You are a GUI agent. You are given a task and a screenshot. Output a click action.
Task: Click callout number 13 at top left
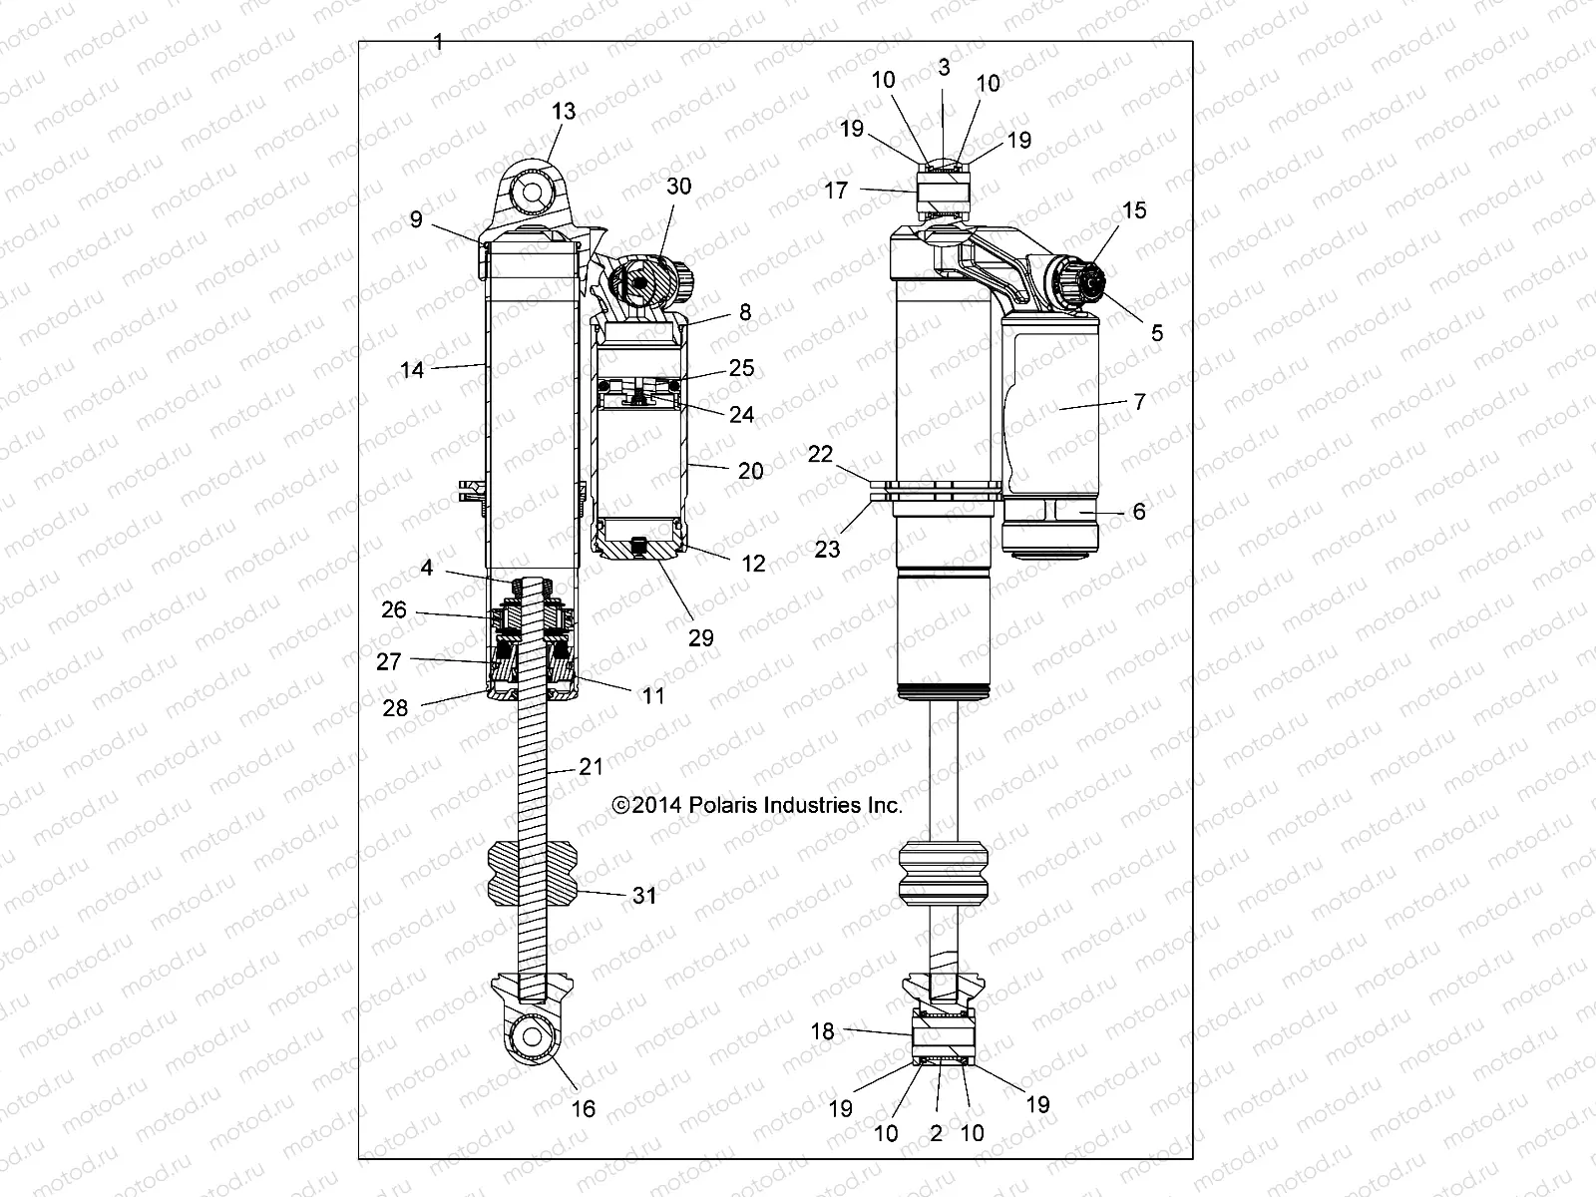pyautogui.click(x=564, y=111)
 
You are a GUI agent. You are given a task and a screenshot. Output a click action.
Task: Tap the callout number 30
pyautogui.click(x=678, y=187)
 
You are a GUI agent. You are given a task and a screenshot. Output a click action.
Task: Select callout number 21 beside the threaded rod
pyautogui.click(x=592, y=766)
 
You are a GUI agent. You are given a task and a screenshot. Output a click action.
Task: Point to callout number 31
pyautogui.click(x=644, y=896)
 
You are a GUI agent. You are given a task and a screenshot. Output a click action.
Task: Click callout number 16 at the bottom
pyautogui.click(x=583, y=1108)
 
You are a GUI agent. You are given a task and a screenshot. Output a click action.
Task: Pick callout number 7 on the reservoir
pyautogui.click(x=1139, y=402)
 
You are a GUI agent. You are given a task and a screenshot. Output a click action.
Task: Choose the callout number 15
pyautogui.click(x=1134, y=210)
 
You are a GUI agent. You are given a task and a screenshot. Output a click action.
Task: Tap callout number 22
pyautogui.click(x=820, y=454)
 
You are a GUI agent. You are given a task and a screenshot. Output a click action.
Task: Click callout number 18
pyautogui.click(x=822, y=1031)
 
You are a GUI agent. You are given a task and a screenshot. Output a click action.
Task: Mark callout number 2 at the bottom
pyautogui.click(x=936, y=1132)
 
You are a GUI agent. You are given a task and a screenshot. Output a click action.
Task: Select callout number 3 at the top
pyautogui.click(x=944, y=67)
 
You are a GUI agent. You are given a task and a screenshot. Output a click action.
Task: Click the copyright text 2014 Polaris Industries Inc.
pyautogui.click(x=758, y=805)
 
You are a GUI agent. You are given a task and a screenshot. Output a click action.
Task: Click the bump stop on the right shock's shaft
pyautogui.click(x=943, y=875)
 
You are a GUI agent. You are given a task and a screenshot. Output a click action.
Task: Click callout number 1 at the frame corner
pyautogui.click(x=439, y=42)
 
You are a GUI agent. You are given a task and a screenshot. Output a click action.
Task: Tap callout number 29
pyautogui.click(x=701, y=637)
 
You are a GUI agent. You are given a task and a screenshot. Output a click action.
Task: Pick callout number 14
pyautogui.click(x=412, y=370)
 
